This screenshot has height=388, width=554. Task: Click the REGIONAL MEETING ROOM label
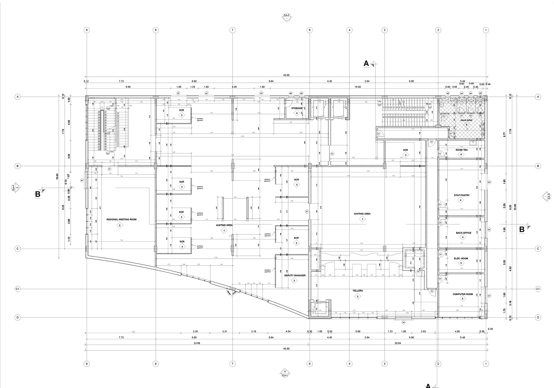pyautogui.click(x=121, y=219)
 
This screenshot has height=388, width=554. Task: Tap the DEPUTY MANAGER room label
pyautogui.click(x=295, y=275)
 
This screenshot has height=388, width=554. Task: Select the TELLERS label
pyautogui.click(x=358, y=291)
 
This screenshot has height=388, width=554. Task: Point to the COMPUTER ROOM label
pyautogui.click(x=463, y=294)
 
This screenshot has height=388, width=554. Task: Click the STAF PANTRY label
pyautogui.click(x=461, y=195)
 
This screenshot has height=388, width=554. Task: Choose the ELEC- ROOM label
pyautogui.click(x=461, y=258)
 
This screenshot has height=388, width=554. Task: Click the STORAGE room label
pyautogui.click(x=297, y=108)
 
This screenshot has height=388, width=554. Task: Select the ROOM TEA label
pyautogui.click(x=461, y=150)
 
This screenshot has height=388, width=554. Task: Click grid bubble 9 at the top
pyautogui.click(x=86, y=30)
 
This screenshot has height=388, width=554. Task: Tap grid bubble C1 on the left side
pyautogui.click(x=18, y=289)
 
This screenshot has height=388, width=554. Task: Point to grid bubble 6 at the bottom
pyautogui.click(x=310, y=364)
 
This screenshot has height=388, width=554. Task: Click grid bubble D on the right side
pyautogui.click(x=538, y=318)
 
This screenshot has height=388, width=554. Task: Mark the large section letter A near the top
pyautogui.click(x=366, y=64)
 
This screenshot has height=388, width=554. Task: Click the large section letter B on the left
pyautogui.click(x=38, y=195)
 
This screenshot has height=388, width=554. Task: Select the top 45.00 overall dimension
pyautogui.click(x=286, y=75)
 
